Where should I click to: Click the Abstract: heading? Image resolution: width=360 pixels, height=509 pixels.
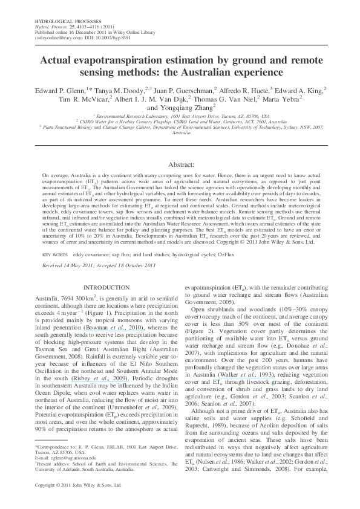tap(180, 164)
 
